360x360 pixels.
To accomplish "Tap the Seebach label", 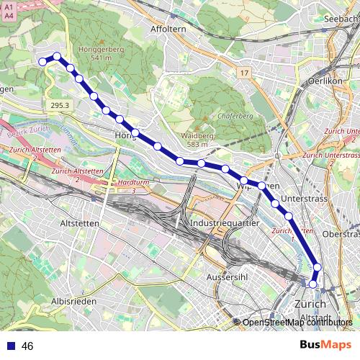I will click(341, 18).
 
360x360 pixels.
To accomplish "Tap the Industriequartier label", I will click(225, 225).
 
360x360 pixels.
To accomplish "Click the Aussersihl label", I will click(228, 277).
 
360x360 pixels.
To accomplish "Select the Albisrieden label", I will click(74, 300).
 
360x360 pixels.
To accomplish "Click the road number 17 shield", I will click(244, 73).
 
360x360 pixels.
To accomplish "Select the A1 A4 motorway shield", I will click(8, 8).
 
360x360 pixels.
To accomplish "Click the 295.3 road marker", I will click(61, 105).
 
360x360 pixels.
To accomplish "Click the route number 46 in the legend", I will click(27, 346).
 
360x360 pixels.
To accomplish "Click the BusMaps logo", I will click(325, 346).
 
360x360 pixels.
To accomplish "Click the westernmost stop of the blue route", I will click(42, 62).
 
